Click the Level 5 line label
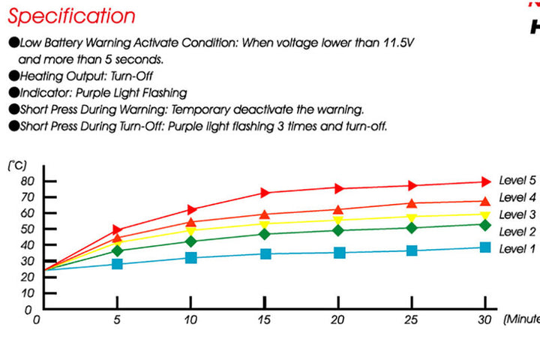coord(517,180)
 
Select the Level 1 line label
coord(517,248)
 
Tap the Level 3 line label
coord(517,214)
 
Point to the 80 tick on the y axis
coord(27,181)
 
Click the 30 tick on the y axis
coord(27,260)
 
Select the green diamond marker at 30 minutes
coord(484,225)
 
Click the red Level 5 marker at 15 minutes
coord(265,193)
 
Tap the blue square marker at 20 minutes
coord(339,252)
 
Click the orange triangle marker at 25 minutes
coord(412,202)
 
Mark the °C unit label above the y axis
coord(18,164)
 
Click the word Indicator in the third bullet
coord(46,92)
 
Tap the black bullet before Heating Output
coord(13,75)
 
